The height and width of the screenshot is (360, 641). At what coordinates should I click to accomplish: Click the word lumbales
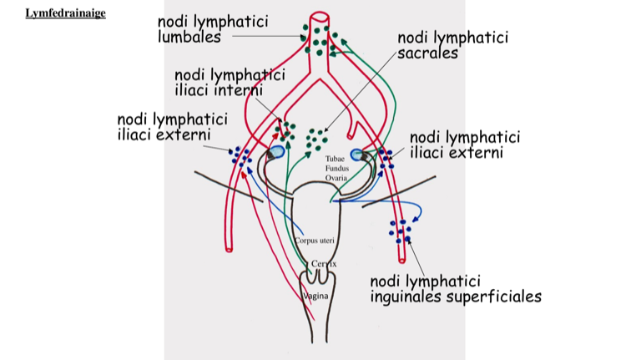point(189,37)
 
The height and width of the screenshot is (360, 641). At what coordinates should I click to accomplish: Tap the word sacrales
point(428,53)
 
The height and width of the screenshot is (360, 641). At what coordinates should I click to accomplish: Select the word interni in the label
point(238,89)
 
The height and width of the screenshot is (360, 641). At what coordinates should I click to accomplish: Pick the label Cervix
point(322,264)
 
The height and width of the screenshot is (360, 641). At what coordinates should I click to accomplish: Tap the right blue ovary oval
point(359,155)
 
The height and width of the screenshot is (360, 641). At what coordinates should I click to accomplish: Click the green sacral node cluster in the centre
point(317,135)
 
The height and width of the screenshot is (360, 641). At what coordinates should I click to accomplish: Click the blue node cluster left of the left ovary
point(243,156)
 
